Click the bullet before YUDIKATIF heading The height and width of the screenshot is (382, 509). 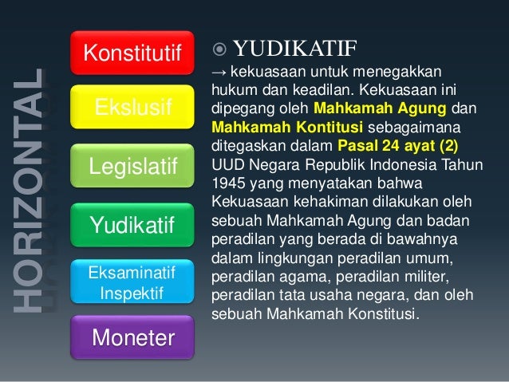pyautogui.click(x=220, y=43)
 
